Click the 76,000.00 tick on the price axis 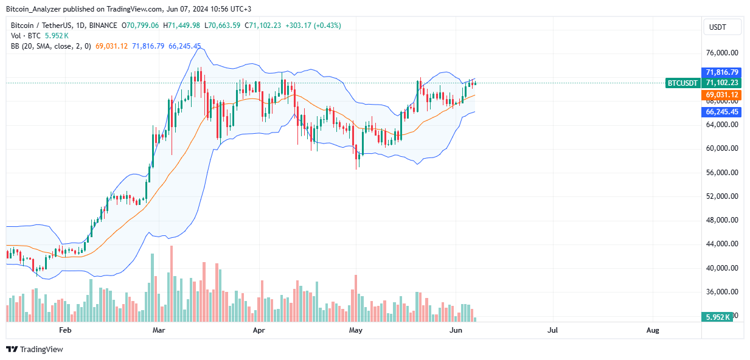pyautogui.click(x=722, y=54)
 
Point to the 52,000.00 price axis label pyautogui.click(x=722, y=196)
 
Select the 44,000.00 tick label pyautogui.click(x=722, y=244)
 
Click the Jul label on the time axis pyautogui.click(x=552, y=330)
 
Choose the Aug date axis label pyautogui.click(x=652, y=330)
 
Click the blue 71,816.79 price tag pyautogui.click(x=722, y=72)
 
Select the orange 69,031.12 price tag pyautogui.click(x=722, y=95)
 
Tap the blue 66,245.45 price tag pyautogui.click(x=722, y=112)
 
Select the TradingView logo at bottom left pyautogui.click(x=35, y=349)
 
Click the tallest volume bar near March pyautogui.click(x=172, y=283)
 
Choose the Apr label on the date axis pyautogui.click(x=259, y=330)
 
